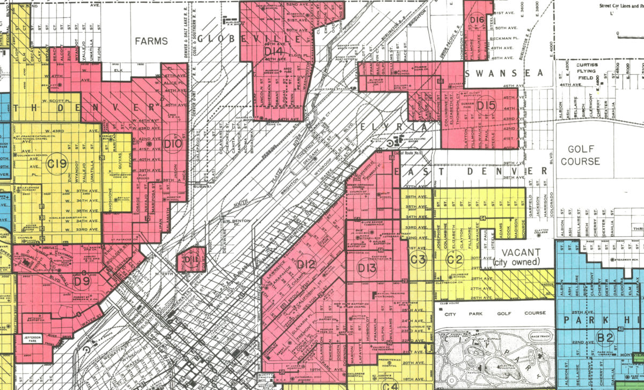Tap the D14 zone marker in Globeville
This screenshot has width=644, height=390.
click(274, 52)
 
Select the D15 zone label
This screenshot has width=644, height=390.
click(486, 105)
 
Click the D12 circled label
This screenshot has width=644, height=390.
click(305, 264)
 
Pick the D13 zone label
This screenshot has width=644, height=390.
click(367, 267)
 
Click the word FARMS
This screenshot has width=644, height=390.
click(151, 41)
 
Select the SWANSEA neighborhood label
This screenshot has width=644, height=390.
click(504, 73)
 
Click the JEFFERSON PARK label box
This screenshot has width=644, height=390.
click(36, 338)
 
